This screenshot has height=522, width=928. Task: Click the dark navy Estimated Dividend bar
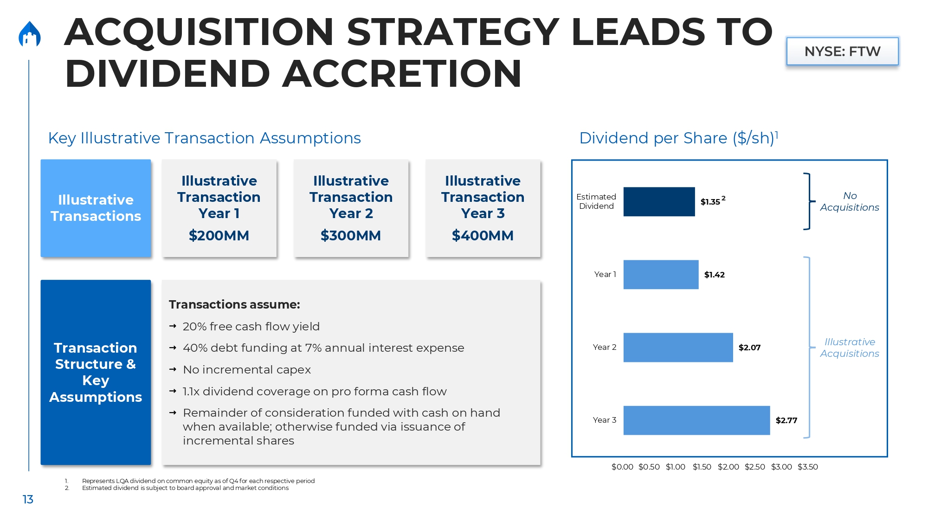coord(659,202)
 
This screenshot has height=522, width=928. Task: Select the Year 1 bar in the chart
coord(661,275)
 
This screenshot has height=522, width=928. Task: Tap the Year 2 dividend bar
coord(678,348)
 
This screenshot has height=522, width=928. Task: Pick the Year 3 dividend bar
coord(696,420)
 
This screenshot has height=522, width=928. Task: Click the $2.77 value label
coord(786,420)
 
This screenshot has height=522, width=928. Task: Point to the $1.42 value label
coord(714,275)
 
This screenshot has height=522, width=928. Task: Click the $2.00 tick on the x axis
coord(728,467)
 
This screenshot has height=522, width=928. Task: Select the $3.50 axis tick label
coord(808,467)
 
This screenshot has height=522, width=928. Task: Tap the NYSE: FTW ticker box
coord(842,52)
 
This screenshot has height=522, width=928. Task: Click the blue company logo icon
coord(30,34)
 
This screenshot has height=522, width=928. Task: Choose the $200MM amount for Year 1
coord(219,236)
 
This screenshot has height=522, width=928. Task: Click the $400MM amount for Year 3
coord(483,236)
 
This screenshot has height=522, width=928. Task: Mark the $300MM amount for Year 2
coord(351,236)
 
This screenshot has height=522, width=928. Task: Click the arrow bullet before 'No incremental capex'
coord(173,369)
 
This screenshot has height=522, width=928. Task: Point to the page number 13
coord(28,499)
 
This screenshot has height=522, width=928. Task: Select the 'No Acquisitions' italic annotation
coord(849,201)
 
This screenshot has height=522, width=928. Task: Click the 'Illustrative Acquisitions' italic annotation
coord(849,348)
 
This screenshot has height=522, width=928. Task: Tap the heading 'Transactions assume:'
coord(234,304)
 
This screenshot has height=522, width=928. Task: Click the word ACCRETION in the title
coord(402,74)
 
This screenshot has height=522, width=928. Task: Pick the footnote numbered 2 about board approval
coord(185,488)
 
